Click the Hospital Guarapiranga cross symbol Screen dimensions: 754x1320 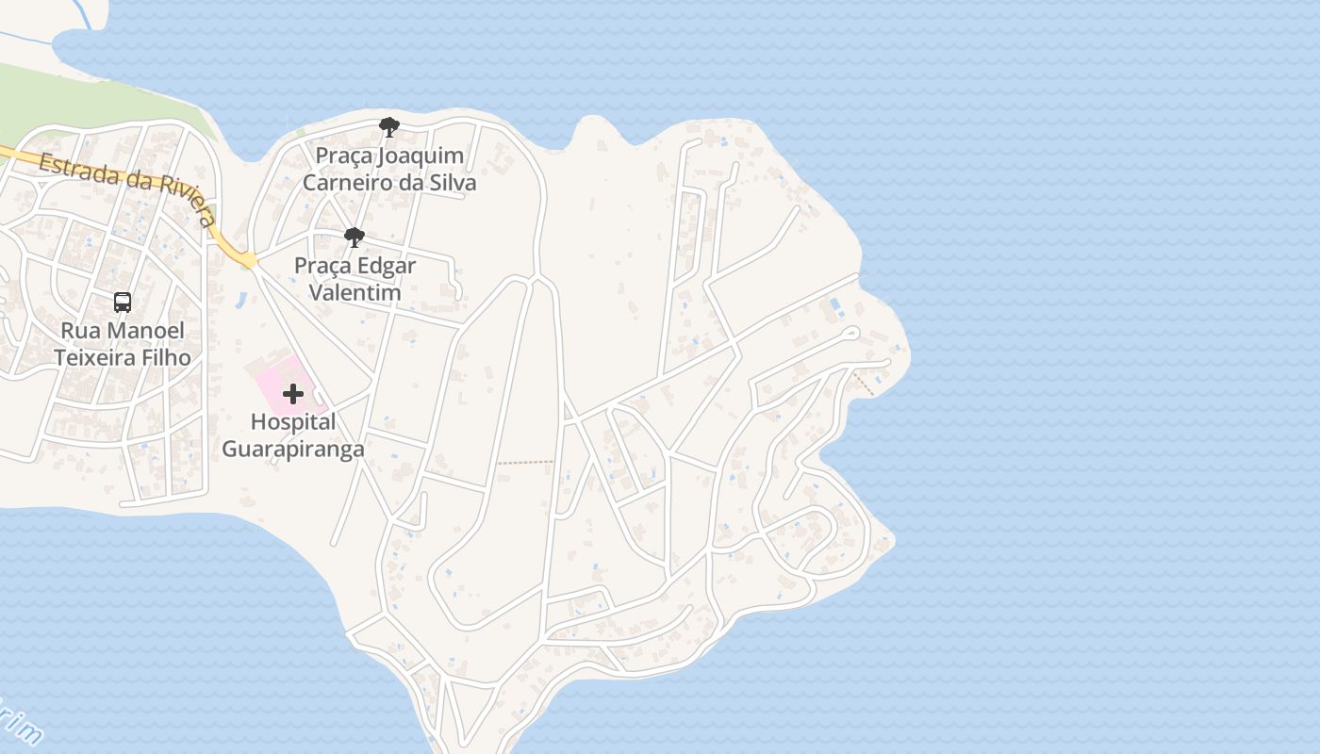[x=293, y=393]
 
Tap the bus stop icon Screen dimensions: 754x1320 [x=123, y=303]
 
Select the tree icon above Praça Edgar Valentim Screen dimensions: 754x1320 [x=355, y=238]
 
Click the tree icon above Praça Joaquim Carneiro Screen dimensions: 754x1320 [x=388, y=127]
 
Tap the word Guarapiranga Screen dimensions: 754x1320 [x=292, y=449]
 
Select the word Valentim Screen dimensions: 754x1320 [x=355, y=293]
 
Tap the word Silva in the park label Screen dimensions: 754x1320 [x=451, y=183]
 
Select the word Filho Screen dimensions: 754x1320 [x=171, y=358]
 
